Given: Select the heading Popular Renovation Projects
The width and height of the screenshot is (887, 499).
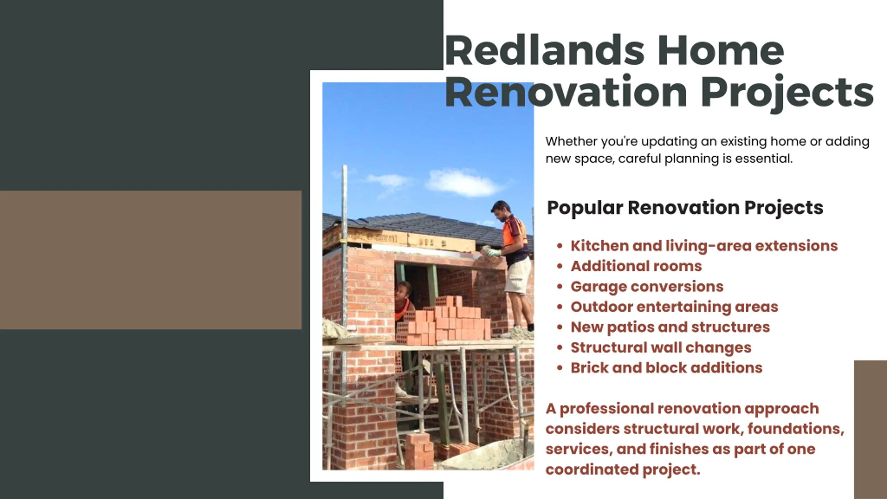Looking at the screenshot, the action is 685,208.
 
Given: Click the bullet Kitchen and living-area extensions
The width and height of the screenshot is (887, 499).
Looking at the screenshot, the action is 704,246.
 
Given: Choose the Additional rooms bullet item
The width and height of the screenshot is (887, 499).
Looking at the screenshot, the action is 636,266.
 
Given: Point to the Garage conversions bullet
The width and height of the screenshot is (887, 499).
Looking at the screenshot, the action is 647,287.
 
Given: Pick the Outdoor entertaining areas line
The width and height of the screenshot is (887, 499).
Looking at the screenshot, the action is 674,307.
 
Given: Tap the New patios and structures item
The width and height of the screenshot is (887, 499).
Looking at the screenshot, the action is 670,327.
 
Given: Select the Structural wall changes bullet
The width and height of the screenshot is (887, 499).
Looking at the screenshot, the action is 661,348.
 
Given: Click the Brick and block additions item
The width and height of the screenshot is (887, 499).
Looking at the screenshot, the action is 666,368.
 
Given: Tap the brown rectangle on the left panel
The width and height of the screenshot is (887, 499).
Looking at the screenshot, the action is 151,260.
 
